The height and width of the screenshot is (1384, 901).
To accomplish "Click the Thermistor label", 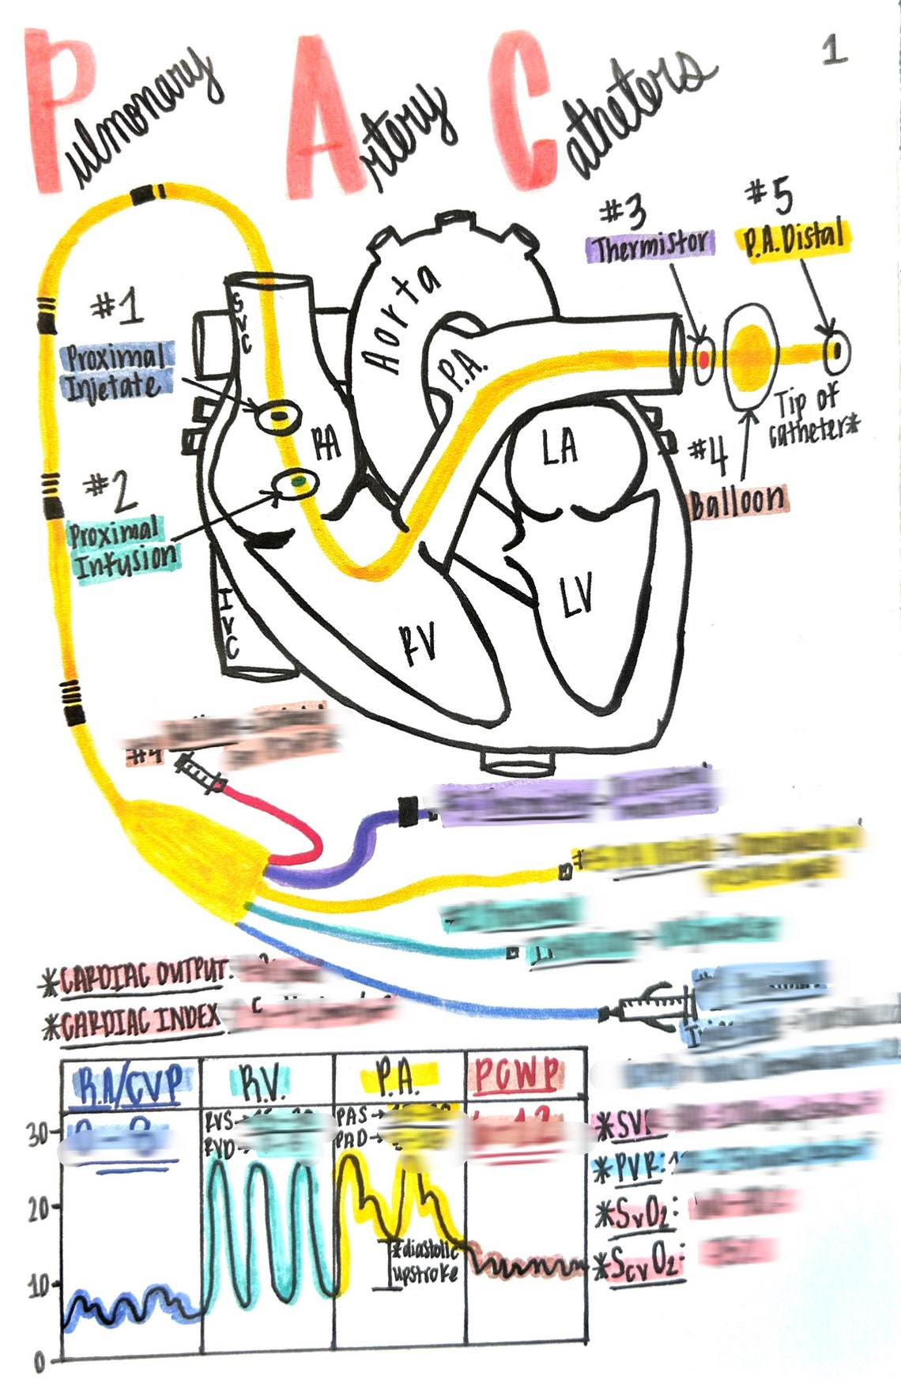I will coord(650,246).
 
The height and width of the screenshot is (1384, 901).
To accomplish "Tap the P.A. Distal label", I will coord(793,238).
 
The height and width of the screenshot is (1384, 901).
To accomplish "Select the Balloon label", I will coord(738,501).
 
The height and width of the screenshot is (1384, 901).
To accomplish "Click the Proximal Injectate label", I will coord(117,371).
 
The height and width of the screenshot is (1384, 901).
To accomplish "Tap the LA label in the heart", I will coord(560,447).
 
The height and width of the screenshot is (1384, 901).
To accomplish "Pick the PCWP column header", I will coord(518,1074).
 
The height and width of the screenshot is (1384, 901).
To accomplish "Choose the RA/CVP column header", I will coord(131,1082).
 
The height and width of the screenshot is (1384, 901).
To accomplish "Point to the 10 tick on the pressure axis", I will coord(40,1284).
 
